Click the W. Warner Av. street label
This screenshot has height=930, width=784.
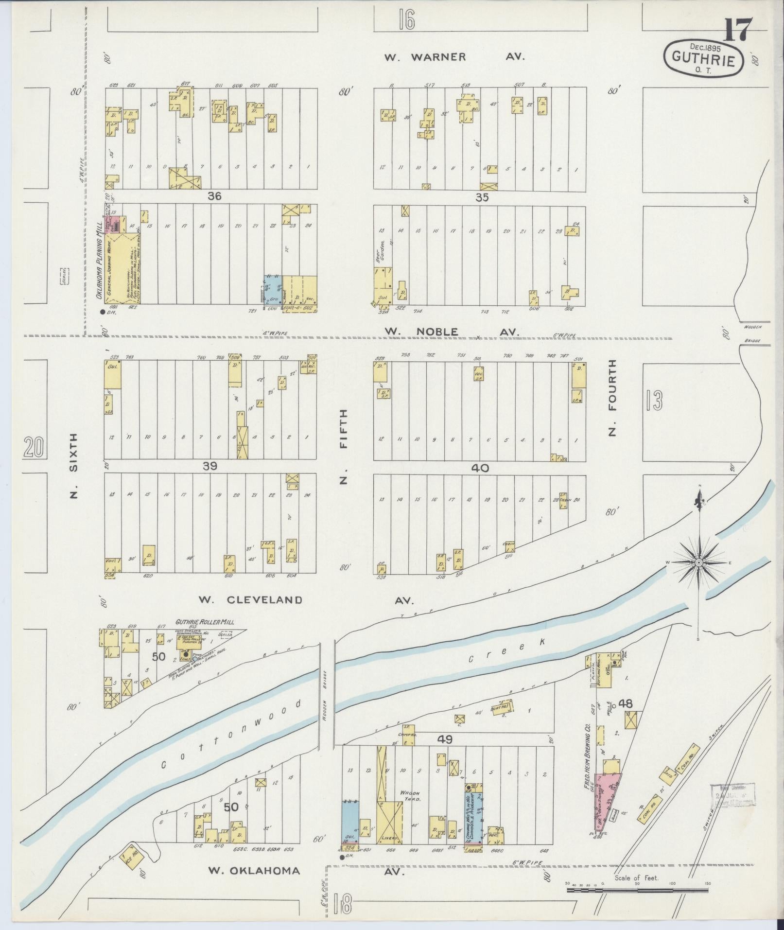coord(454,57)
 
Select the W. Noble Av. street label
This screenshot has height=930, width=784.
coord(452,332)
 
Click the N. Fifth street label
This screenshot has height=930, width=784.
coord(344,447)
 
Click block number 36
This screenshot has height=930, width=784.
coord(214,196)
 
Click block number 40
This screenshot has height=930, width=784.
coord(479,468)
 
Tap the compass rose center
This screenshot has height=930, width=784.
coord(698,562)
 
